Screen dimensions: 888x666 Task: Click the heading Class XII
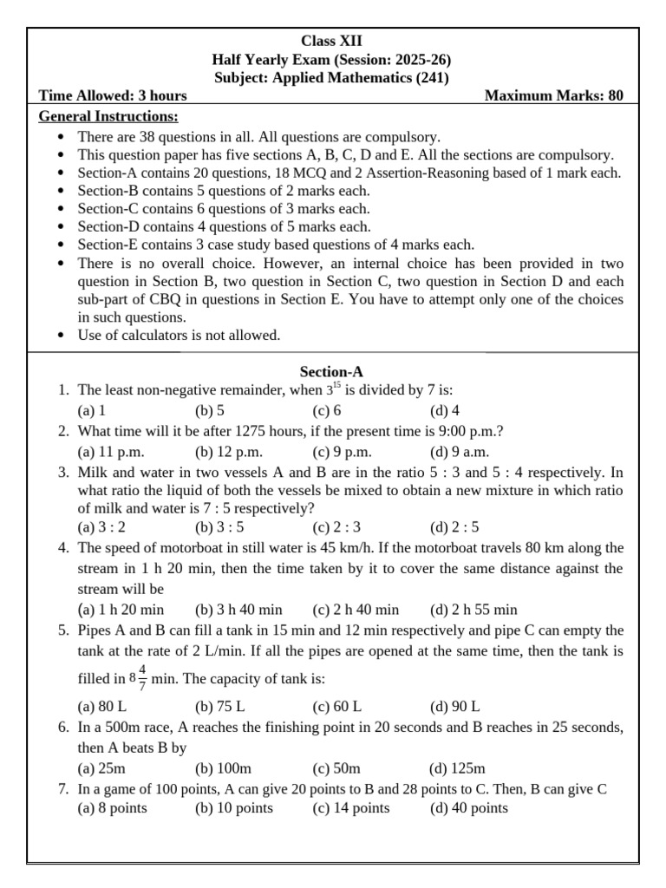(332, 41)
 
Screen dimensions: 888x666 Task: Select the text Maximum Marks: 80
(553, 96)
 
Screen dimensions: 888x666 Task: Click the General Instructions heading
(109, 117)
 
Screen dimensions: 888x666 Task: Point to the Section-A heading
(332, 372)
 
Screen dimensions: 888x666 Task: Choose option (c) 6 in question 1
(327, 411)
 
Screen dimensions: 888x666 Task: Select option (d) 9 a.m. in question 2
(460, 451)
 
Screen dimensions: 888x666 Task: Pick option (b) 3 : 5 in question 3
(219, 527)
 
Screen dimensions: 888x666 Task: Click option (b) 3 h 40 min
(238, 610)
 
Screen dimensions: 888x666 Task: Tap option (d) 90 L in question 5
(454, 706)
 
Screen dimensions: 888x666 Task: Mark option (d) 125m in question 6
(457, 768)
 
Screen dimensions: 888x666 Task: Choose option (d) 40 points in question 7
(468, 808)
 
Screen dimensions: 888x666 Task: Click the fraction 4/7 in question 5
(142, 677)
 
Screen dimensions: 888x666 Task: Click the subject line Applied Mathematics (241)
(332, 77)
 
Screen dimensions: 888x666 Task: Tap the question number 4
(63, 548)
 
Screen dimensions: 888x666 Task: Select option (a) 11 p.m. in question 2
(111, 451)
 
